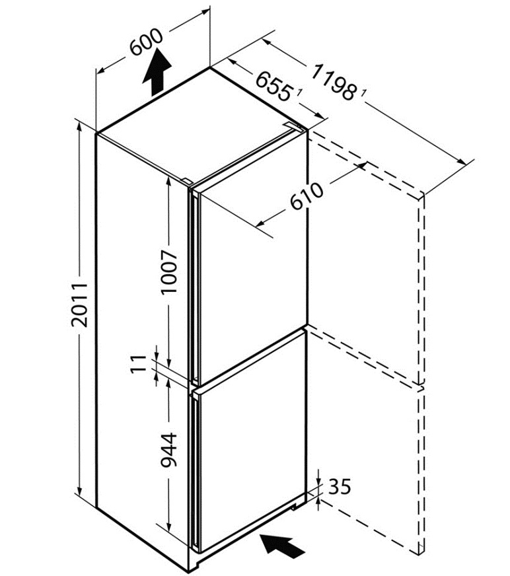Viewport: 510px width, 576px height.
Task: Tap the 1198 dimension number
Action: point(335,80)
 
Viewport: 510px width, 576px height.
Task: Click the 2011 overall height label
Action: point(79,305)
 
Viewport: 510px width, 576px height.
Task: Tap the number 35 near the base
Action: point(338,487)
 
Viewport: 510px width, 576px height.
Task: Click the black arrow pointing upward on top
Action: point(157,73)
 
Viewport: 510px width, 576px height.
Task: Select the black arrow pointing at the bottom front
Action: point(283,546)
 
